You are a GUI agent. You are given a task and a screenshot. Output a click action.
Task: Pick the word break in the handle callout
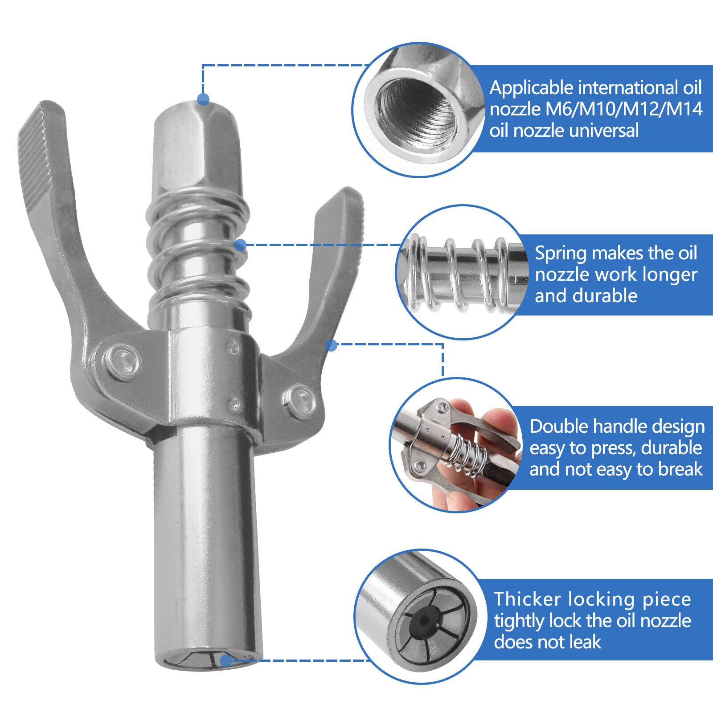(680, 469)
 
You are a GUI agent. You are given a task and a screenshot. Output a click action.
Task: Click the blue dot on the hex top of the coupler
(203, 99)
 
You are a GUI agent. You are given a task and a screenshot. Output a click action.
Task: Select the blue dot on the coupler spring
(240, 244)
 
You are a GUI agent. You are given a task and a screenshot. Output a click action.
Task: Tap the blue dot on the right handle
(331, 345)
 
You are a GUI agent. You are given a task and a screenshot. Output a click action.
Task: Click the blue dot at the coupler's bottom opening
(226, 660)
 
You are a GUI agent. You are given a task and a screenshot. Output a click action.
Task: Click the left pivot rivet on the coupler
(123, 361)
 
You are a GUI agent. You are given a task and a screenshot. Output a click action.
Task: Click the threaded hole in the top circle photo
(417, 109)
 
